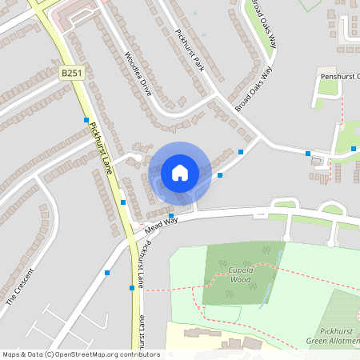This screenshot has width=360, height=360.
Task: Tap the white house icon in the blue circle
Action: point(180,172)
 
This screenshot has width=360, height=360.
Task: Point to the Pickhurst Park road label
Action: point(190,50)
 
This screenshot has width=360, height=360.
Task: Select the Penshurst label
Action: point(339,76)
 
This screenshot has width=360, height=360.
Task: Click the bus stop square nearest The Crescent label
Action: point(107,273)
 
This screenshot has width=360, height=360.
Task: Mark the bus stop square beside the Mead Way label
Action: point(171,216)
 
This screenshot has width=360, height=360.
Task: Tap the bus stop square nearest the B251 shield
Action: point(86,120)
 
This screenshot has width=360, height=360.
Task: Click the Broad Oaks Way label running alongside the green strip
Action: point(263,24)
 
